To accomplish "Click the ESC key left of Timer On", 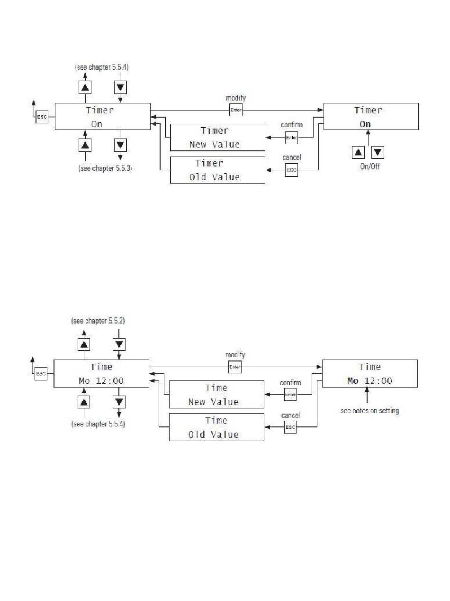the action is (x=42, y=117).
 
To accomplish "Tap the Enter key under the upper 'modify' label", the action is (x=236, y=110).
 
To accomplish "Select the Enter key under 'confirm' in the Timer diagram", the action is (x=291, y=138).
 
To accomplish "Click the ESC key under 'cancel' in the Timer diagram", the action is (x=291, y=170).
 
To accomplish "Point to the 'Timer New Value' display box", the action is (x=217, y=138).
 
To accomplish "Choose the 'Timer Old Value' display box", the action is (x=217, y=170).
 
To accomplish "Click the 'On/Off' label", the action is (x=370, y=166).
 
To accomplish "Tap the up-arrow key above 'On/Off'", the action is (x=358, y=152).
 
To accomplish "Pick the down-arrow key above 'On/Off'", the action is (x=378, y=152).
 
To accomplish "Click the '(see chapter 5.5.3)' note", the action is (x=105, y=168).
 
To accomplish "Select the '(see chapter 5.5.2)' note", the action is (x=98, y=321).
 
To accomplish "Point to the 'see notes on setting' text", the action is (x=369, y=411).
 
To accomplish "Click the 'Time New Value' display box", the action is (x=216, y=394).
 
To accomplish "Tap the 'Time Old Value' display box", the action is (x=216, y=427).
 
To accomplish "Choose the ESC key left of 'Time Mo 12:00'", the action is (x=41, y=374).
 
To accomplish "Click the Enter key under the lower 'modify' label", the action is (x=235, y=367).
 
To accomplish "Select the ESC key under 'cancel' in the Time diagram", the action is (x=290, y=427).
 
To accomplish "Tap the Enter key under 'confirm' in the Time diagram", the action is (x=290, y=394).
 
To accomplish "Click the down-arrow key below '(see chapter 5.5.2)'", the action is (x=119, y=344).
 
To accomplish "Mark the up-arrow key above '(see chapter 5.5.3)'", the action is (x=85, y=145).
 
